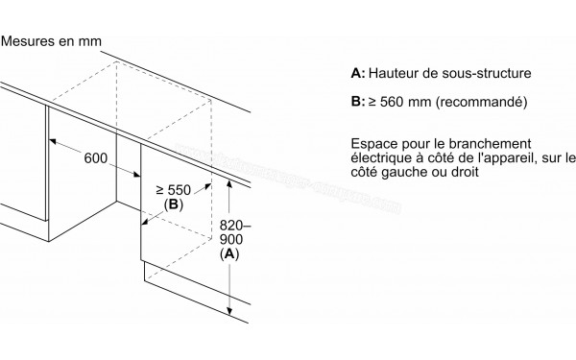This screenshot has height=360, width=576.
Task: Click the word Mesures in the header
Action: coord(31,41)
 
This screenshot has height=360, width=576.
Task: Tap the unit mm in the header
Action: coord(90,41)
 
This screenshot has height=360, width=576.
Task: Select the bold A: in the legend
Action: coord(357,73)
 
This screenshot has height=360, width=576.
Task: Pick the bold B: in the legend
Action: coord(357,101)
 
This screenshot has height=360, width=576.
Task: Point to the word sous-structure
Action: coord(499,73)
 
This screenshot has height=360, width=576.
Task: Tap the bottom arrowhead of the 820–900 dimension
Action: coord(230,312)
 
